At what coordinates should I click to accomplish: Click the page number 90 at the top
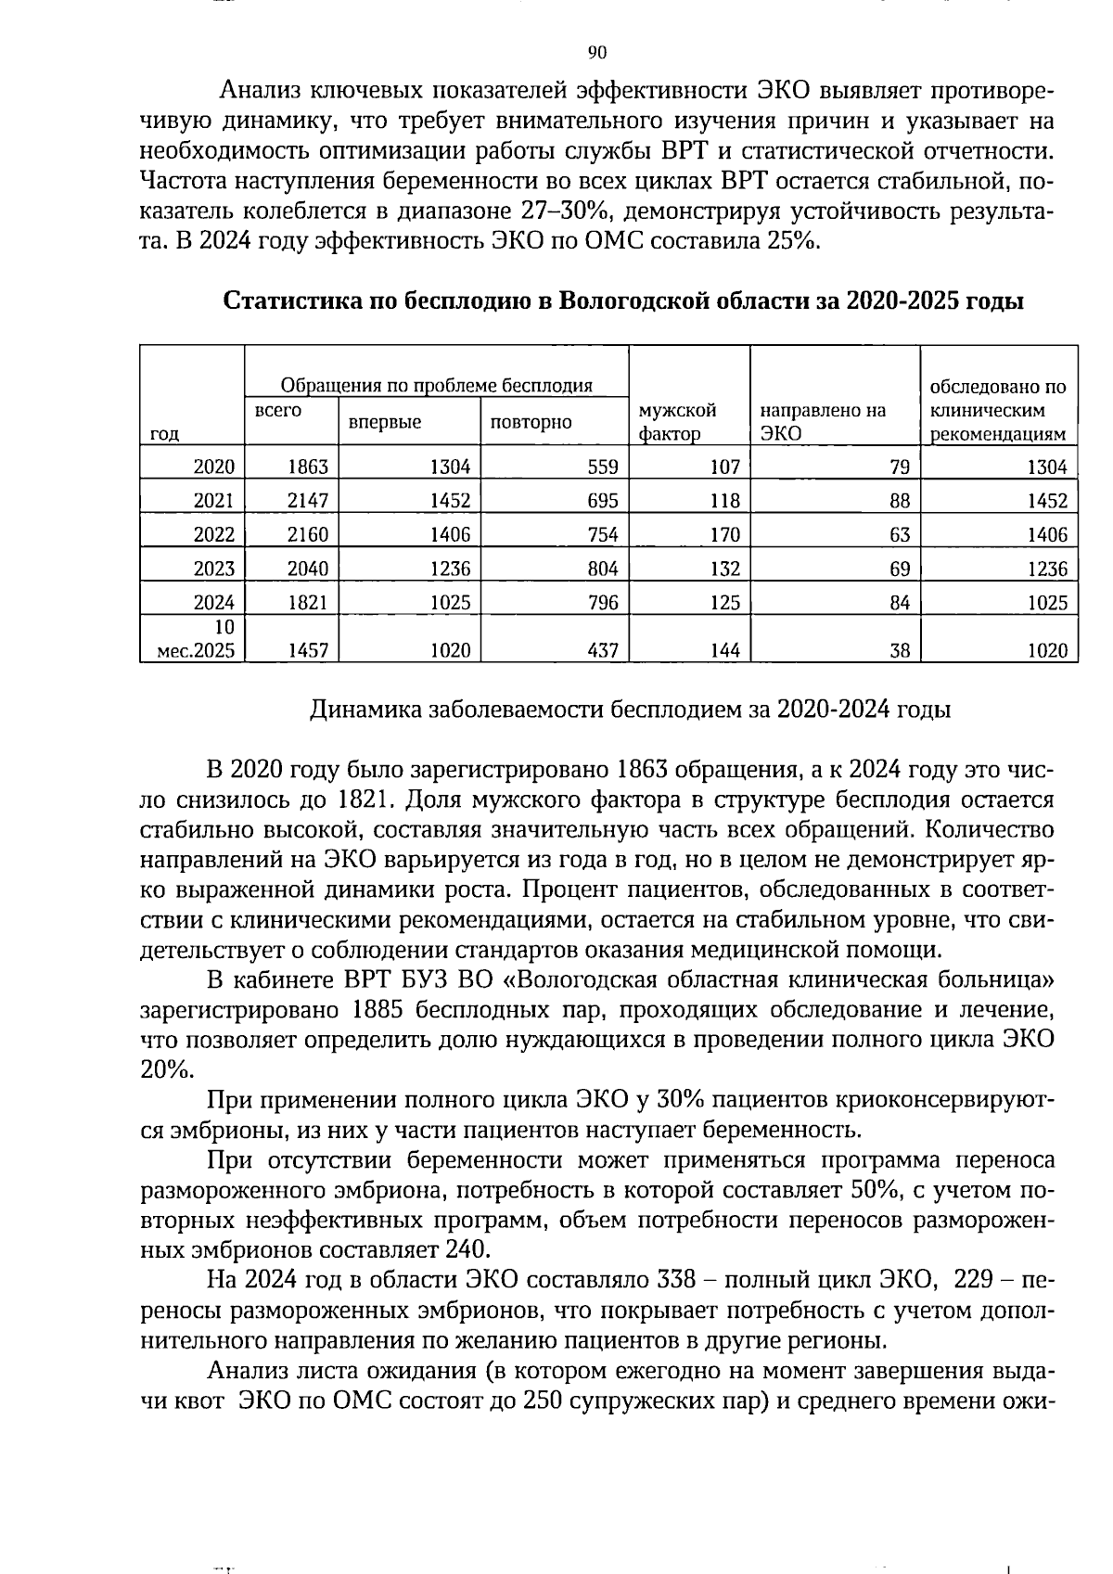click(597, 52)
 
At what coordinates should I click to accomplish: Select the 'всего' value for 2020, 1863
click(308, 467)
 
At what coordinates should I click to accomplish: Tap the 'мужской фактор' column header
click(678, 422)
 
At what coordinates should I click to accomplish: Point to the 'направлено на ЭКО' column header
click(822, 422)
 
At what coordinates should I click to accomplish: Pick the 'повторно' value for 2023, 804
click(603, 569)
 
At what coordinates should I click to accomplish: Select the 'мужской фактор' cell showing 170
click(724, 534)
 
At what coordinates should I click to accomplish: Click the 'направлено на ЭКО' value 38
click(899, 651)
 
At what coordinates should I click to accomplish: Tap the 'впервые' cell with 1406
click(450, 534)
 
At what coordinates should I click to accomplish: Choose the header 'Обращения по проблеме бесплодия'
click(436, 386)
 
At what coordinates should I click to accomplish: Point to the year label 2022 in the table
click(213, 534)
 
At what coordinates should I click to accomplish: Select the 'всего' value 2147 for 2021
click(308, 501)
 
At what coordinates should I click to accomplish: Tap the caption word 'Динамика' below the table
click(365, 710)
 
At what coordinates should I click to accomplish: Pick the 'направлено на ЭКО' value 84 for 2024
click(899, 603)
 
